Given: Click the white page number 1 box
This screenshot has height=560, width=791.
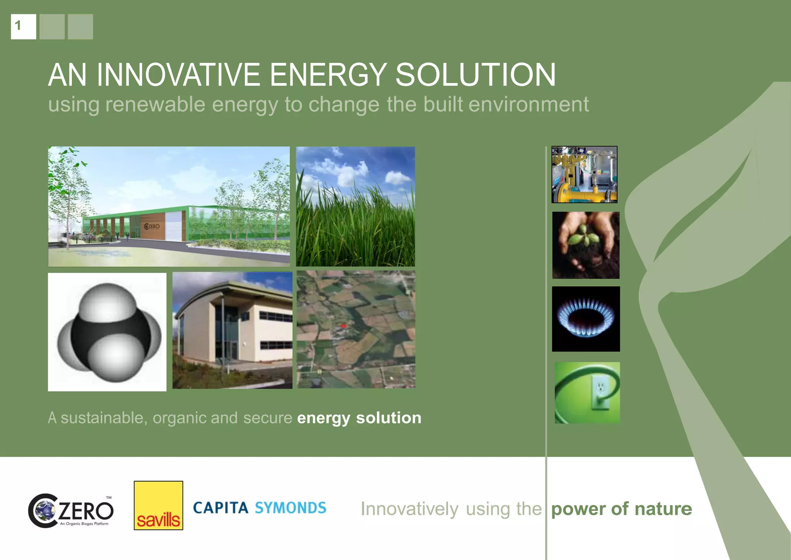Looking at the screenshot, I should click(x=23, y=27).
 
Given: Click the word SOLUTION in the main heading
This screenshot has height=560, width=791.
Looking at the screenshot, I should click(x=475, y=75).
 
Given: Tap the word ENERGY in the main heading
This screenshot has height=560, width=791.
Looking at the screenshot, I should click(x=328, y=75).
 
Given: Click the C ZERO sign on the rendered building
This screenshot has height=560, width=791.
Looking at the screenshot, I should click(x=152, y=226).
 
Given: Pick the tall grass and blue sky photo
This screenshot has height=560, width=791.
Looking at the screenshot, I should click(x=355, y=207).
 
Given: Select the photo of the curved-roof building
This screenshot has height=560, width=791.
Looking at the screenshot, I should click(x=232, y=330).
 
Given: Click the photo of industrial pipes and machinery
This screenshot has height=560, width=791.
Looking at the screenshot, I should click(x=584, y=175).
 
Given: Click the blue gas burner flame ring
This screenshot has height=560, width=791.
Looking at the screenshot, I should click(x=586, y=317).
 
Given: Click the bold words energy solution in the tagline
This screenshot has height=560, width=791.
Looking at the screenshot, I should click(x=359, y=418).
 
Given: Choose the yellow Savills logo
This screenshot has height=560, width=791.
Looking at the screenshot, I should click(x=158, y=506).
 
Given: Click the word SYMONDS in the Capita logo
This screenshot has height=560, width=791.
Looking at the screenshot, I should click(x=290, y=508).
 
